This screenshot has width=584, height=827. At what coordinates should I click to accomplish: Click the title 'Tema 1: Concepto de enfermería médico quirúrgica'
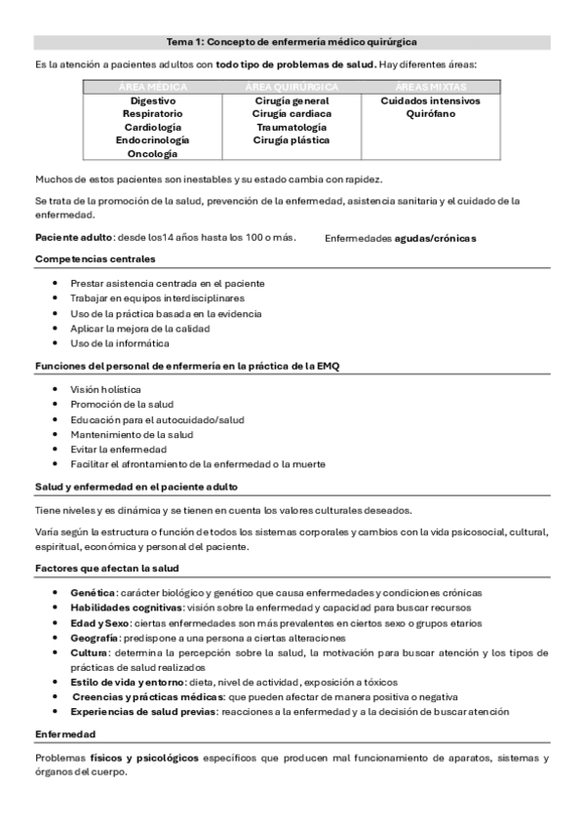click(292, 43)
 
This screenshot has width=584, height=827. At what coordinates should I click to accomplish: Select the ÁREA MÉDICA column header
click(153, 88)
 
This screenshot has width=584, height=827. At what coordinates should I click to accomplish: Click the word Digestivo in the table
click(153, 101)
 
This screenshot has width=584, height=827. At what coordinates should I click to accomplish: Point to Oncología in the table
click(153, 153)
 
